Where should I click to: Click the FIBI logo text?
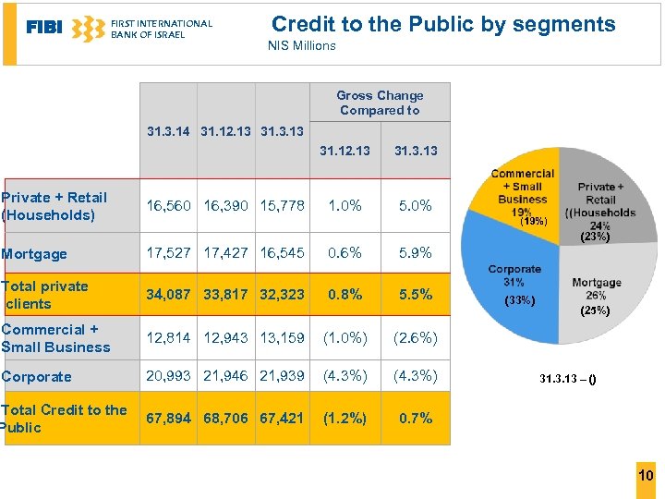coord(43,28)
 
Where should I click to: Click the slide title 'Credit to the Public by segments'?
coord(443,25)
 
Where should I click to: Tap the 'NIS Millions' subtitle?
coord(302,45)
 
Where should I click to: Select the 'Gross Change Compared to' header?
coord(380,103)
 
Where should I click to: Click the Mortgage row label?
coord(35,254)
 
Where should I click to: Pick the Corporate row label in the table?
coord(37,377)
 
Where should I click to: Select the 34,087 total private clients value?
coord(169,295)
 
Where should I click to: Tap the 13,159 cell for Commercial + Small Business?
coord(282,337)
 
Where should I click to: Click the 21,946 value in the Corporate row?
coord(225,376)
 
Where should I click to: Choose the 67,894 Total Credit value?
coord(169,418)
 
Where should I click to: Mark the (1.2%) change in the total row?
coord(345,418)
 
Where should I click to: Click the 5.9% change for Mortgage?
coord(416,252)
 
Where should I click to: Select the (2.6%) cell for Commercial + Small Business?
coord(416,337)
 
